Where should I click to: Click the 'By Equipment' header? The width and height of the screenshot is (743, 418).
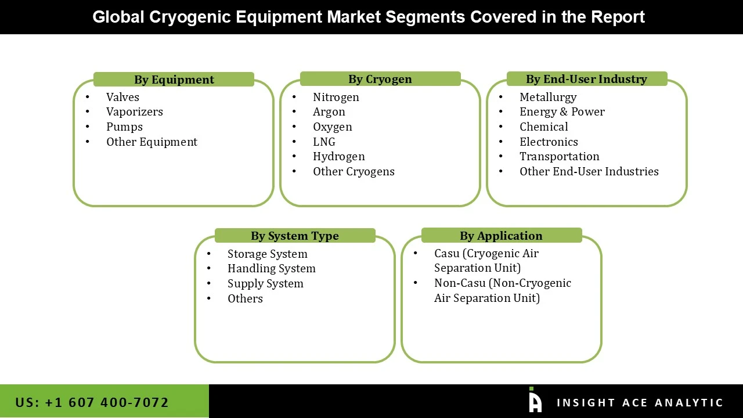coord(174,80)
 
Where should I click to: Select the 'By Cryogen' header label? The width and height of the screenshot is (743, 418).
coord(380,79)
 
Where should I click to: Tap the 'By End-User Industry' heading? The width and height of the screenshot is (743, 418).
coord(586,79)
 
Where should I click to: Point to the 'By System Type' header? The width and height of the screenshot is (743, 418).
coord(294,236)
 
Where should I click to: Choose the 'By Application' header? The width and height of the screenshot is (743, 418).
coord(501,236)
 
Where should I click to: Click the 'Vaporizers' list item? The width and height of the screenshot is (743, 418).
coord(135,112)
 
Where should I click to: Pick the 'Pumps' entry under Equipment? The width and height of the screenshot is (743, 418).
coord(124,127)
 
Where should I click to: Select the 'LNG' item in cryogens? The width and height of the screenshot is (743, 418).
coord(324,142)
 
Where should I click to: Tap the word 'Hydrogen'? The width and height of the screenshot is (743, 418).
coord(339,157)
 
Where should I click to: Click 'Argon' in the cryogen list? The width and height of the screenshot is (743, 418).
coord(329,112)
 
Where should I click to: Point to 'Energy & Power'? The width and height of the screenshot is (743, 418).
coord(562,112)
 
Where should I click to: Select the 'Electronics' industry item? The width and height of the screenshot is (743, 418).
coord(549,142)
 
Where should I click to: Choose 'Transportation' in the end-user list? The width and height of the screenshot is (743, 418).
coord(559,157)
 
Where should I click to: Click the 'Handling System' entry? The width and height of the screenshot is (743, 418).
coord(272,269)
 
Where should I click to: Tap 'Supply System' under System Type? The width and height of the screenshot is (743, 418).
coord(265,284)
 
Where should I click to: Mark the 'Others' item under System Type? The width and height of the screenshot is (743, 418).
coord(245,299)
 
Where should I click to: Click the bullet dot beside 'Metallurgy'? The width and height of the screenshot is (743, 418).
coord(501,97)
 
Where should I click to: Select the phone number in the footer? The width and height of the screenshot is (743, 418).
coord(92,402)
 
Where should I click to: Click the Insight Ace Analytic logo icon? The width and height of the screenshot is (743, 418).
coord(535,401)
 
